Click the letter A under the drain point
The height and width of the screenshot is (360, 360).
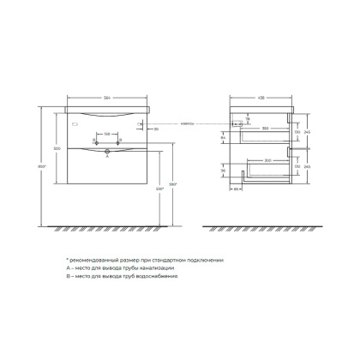pyautogui.click(x=106, y=158)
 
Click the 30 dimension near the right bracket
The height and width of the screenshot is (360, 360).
pyautogui.click(x=156, y=129)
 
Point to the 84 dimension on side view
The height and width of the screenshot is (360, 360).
pyautogui.click(x=222, y=136)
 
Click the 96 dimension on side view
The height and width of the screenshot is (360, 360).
pyautogui.click(x=222, y=171)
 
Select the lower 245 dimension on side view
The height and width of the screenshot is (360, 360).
pyautogui.click(x=307, y=166)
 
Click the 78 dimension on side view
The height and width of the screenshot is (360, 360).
pyautogui.click(x=247, y=120)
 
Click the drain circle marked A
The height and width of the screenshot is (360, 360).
pyautogui.click(x=107, y=152)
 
